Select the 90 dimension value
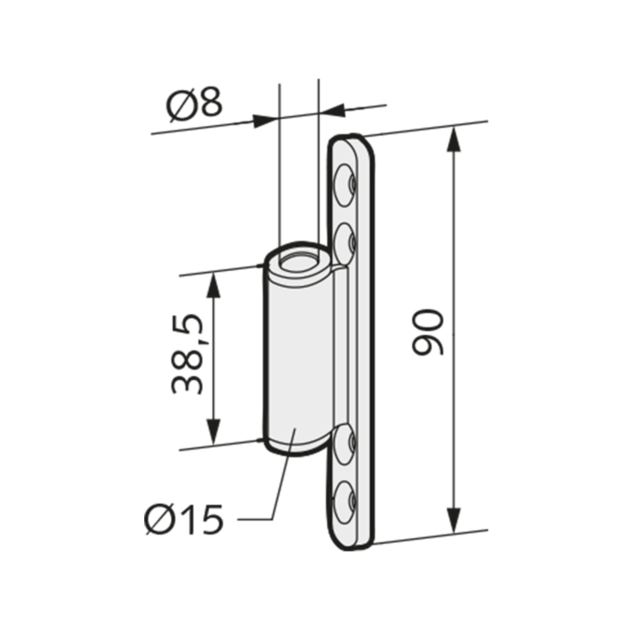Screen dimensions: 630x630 point(427,332)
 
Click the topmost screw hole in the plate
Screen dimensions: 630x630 point(346,184)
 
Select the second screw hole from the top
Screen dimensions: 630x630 point(346,243)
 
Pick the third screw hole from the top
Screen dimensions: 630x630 point(345,444)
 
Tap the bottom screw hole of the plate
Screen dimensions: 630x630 point(345,502)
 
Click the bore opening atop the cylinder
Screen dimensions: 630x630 point(299,264)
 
